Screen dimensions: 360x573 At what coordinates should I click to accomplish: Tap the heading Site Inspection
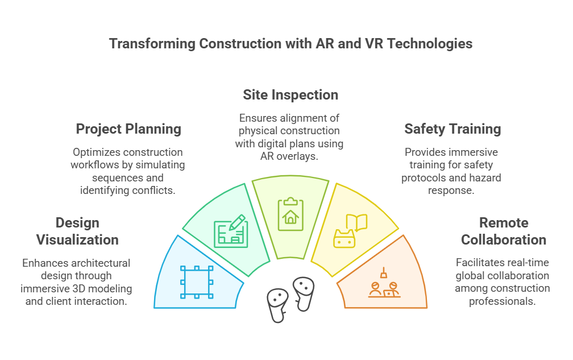(x=290, y=95)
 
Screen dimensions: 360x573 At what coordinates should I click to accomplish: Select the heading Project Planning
(x=128, y=129)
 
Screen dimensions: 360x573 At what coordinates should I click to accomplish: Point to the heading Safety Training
(x=452, y=129)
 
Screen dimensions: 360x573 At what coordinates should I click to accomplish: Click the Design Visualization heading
(x=77, y=231)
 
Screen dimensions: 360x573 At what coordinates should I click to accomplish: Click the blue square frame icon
(x=197, y=282)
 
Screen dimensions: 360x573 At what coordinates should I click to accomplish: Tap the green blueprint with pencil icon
(x=230, y=231)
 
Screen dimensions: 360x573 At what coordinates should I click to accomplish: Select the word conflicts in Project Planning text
(x=152, y=191)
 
